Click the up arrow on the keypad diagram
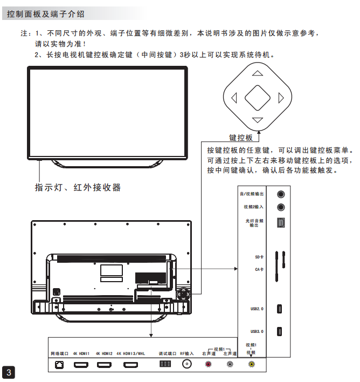258,74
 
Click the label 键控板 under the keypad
241,138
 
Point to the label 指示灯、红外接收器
78,188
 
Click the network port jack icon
58,364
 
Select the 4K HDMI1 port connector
81,364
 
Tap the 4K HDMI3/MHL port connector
131,364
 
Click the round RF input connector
187,364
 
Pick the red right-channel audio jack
209,364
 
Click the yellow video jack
251,364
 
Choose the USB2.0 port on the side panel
280,309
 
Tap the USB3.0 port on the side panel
280,331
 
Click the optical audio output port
280,222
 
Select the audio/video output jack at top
280,194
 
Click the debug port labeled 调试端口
165,364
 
